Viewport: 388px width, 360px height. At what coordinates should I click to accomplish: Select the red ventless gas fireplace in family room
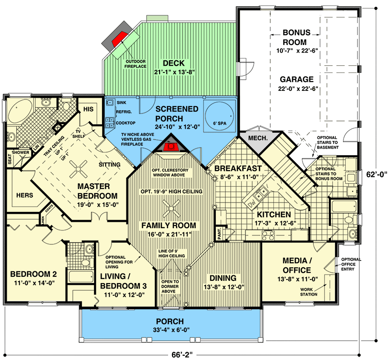coord(170,147)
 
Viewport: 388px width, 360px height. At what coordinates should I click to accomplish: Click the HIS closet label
coord(88,109)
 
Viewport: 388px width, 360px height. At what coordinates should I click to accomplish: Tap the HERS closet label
coord(25,196)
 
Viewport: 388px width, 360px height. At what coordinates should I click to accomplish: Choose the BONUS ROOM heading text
coord(296,37)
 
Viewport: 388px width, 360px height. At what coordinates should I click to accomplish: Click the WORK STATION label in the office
coord(309,292)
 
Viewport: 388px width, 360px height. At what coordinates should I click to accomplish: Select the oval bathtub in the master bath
coord(19,110)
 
